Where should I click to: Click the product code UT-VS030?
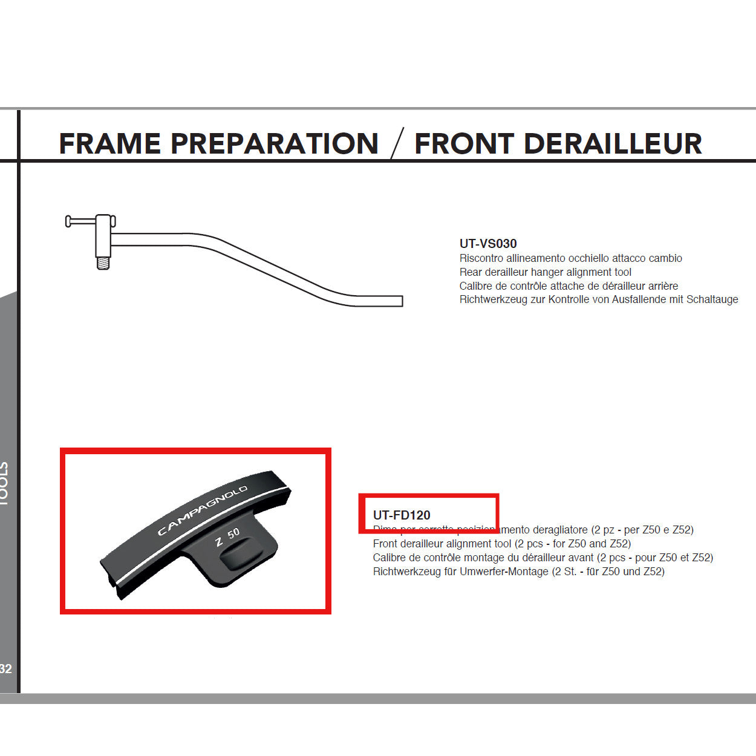[x=487, y=244]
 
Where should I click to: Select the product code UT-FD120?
[x=402, y=515]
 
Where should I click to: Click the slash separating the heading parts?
[x=397, y=145]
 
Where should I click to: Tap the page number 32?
[x=6, y=669]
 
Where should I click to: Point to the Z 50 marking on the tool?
[x=227, y=536]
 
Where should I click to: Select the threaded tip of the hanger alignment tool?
[x=103, y=263]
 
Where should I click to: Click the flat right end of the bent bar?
[x=399, y=301]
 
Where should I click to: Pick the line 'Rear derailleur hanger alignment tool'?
[x=545, y=272]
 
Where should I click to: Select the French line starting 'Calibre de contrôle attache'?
[x=569, y=286]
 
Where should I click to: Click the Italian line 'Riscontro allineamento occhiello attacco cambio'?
[x=570, y=258]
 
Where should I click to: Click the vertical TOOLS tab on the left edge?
[x=5, y=484]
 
